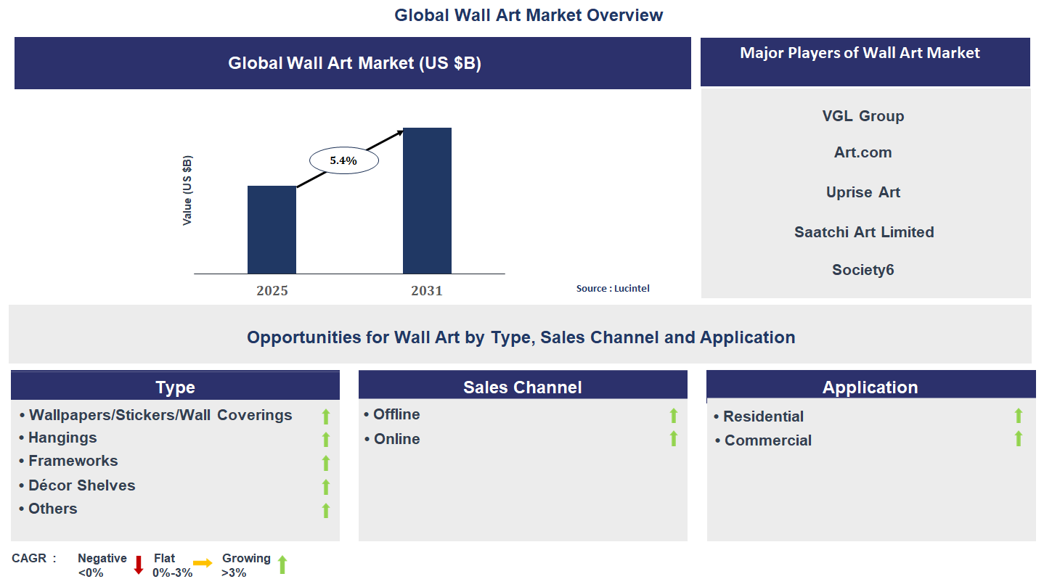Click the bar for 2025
click(x=272, y=229)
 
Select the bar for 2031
click(x=427, y=200)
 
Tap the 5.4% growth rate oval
click(x=343, y=161)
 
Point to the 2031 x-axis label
click(x=427, y=291)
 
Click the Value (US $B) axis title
click(x=187, y=190)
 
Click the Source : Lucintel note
click(x=613, y=289)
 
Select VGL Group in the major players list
click(x=863, y=116)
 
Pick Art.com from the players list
click(x=863, y=153)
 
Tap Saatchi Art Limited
click(x=864, y=232)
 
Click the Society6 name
click(x=863, y=270)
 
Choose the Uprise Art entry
click(x=863, y=192)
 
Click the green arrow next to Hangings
click(x=326, y=439)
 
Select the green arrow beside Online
click(x=674, y=438)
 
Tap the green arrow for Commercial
click(x=1019, y=438)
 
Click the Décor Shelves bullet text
click(x=81, y=485)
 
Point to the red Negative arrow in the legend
click(x=139, y=565)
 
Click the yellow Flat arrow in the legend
click(x=203, y=563)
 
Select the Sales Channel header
click(x=523, y=387)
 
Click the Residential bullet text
click(x=763, y=416)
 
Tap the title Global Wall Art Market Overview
click(x=529, y=15)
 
